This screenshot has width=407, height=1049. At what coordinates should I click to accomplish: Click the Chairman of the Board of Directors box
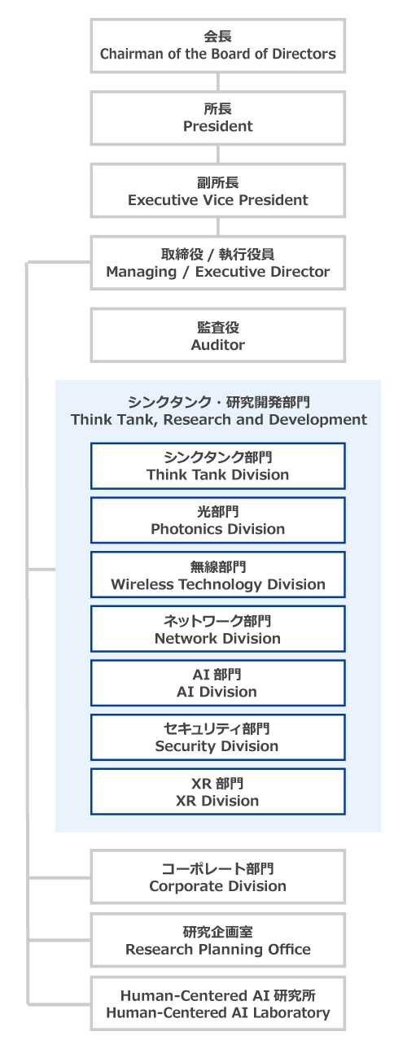[x=218, y=46]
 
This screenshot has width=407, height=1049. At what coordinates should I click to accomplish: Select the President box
[x=218, y=118]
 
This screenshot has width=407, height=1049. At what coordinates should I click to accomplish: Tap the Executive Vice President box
[x=218, y=190]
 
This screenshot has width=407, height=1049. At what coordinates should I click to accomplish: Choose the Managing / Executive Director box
[x=218, y=263]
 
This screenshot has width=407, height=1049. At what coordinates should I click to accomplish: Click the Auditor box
[x=218, y=335]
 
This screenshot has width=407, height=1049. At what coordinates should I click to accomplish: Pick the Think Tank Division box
[x=218, y=466]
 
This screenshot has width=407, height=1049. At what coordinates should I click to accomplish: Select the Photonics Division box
[x=218, y=520]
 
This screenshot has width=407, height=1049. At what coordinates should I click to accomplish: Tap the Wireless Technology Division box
[x=218, y=575]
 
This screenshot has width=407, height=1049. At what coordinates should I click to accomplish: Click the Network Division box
[x=218, y=629]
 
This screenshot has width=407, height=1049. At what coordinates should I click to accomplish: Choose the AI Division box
[x=218, y=683]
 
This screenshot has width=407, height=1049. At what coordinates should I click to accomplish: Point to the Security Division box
[x=218, y=737]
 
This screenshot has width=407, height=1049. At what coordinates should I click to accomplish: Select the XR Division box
[x=218, y=792]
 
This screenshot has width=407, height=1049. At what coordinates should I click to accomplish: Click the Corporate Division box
[x=218, y=876]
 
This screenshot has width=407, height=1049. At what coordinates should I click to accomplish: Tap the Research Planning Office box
[x=218, y=940]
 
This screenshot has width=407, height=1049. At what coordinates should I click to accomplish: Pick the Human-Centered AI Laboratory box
[x=218, y=1003]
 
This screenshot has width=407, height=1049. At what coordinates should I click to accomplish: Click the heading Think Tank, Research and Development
[x=219, y=420]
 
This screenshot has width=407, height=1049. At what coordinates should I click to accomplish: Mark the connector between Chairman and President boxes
[x=218, y=82]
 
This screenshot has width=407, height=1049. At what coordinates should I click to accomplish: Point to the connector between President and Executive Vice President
[x=218, y=154]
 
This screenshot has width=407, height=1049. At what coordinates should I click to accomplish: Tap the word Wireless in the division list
[x=142, y=584]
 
